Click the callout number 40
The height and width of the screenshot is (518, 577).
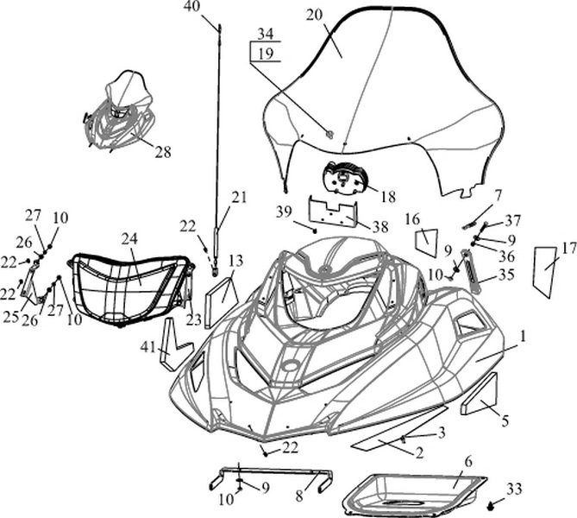(x=191, y=7)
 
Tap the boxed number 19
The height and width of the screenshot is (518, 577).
(x=266, y=54)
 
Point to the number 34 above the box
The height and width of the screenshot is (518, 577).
(x=266, y=35)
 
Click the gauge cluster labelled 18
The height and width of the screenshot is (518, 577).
(x=346, y=179)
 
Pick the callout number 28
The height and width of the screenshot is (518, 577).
(x=162, y=152)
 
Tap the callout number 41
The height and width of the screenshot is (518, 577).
(x=148, y=347)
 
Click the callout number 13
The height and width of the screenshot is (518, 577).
(x=235, y=260)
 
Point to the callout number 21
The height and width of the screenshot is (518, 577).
(x=238, y=196)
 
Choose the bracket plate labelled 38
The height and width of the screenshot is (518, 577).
(x=332, y=212)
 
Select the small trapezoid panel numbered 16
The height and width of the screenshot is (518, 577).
(x=426, y=243)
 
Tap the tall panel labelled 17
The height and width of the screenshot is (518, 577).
(x=543, y=269)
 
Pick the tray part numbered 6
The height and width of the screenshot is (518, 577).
(x=414, y=492)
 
